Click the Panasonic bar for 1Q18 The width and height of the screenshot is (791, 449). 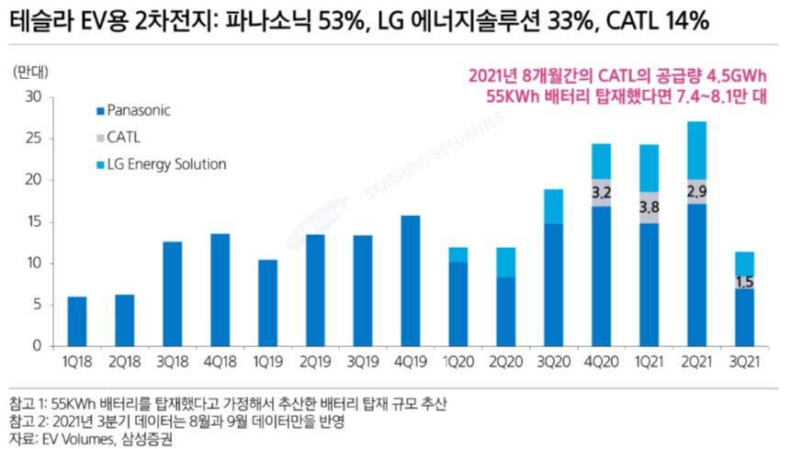point(77,321)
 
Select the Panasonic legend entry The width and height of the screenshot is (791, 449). point(138,110)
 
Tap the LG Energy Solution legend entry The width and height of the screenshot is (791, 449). point(165,164)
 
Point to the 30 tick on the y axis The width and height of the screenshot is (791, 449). point(34,96)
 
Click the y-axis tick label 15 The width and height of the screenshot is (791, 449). point(34,221)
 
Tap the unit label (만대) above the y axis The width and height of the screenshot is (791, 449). point(34,71)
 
